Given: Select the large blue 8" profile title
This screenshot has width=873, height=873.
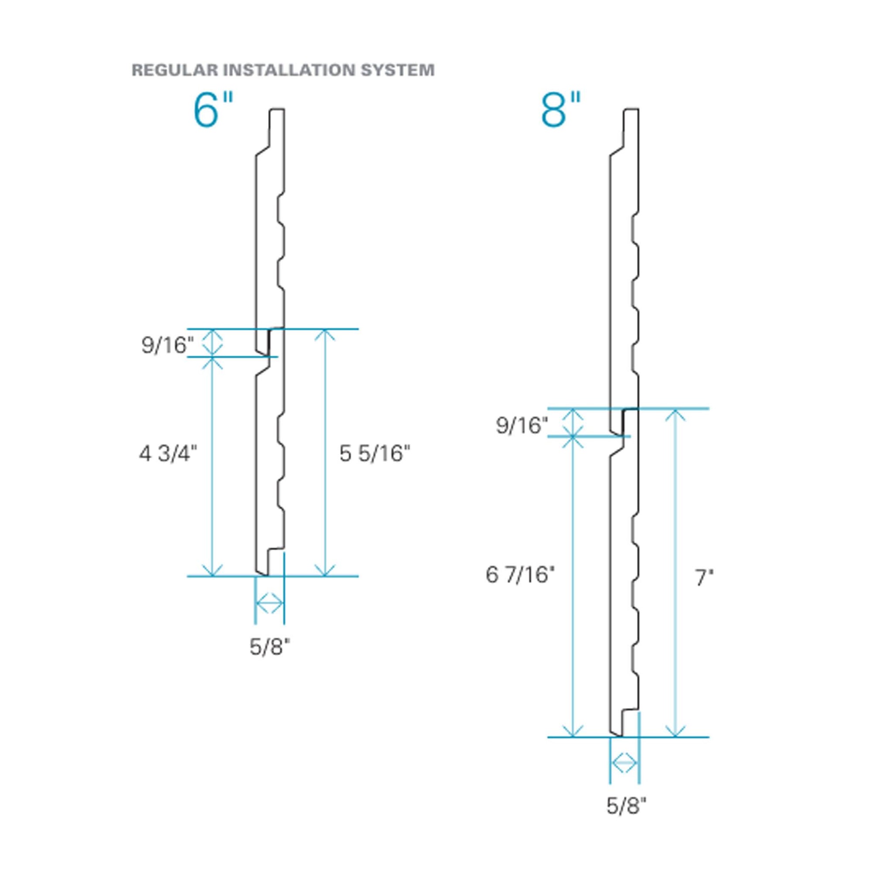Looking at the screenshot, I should click(x=561, y=110).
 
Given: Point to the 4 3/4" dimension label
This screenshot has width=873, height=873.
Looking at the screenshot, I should click(x=168, y=454).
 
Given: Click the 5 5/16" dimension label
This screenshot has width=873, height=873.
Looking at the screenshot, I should click(x=375, y=454).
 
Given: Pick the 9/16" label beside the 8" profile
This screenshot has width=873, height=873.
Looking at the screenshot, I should click(x=522, y=425).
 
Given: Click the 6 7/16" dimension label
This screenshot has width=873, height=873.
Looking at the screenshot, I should click(x=519, y=575).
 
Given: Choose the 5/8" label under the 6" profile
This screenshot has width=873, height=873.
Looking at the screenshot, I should click(x=270, y=647).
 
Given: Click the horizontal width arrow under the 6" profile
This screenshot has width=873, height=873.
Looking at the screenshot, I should click(x=270, y=603).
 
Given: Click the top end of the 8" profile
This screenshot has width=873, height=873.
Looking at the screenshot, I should click(x=632, y=110).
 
